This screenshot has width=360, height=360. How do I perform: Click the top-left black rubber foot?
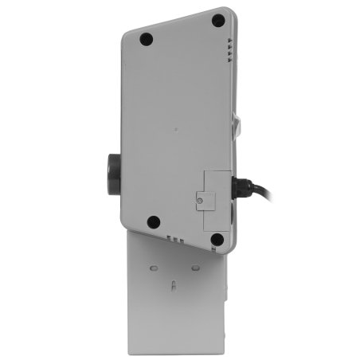[146, 38]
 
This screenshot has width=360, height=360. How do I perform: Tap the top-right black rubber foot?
[217, 22]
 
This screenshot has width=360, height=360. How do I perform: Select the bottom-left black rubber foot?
[154, 222]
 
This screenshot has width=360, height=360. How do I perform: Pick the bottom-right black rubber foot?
[217, 237]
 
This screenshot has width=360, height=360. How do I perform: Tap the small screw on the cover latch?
[198, 202]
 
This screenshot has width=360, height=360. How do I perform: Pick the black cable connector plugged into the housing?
[241, 189]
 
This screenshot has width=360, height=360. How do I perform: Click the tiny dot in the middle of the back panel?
[174, 127]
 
